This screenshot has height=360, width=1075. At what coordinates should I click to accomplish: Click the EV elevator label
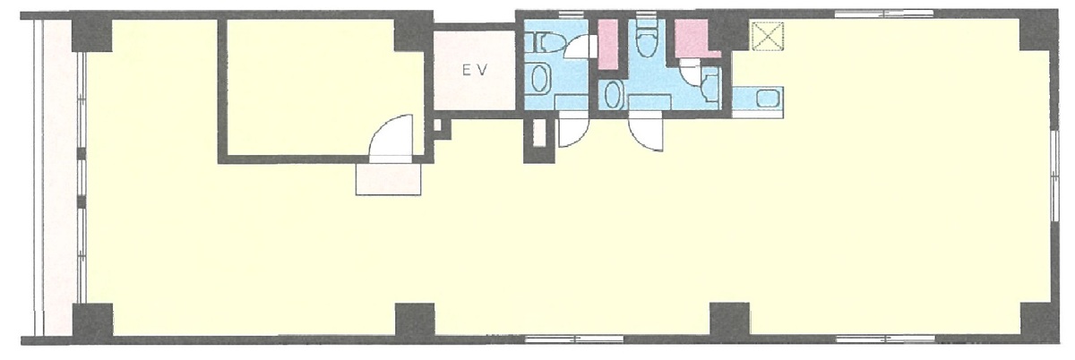coord(475,71)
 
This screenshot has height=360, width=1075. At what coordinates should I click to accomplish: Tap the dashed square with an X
coord(768,36)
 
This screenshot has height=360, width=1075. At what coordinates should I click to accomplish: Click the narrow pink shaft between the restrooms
coord(608,44)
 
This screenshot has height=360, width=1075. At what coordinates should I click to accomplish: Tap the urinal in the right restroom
coord(710,88)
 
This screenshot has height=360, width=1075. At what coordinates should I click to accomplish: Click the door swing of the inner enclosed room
coord(391,136)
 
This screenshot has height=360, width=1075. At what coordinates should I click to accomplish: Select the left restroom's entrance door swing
coord(573,132)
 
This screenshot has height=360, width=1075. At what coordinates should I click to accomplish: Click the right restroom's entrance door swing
coord(646,134)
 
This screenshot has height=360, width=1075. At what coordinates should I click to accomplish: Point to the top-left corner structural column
coord(92,35)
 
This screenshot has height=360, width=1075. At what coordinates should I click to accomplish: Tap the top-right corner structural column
coord(1036,35)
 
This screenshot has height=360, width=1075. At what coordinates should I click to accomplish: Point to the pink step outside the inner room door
coord(388,179)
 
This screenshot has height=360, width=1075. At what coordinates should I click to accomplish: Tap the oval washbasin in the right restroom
coord(613,95)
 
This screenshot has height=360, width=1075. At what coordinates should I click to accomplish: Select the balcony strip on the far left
coord(56,177)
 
